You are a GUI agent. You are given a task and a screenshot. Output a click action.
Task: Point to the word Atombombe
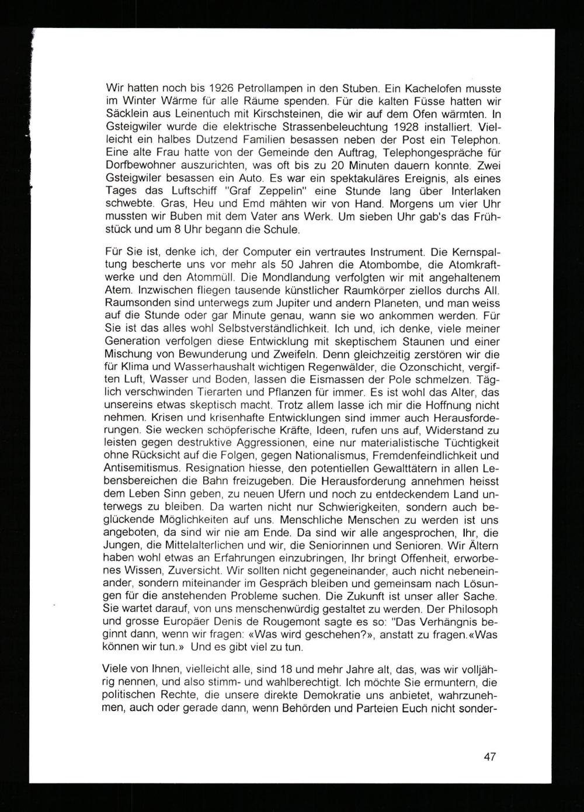385,265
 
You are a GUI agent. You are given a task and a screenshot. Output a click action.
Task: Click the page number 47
489,757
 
